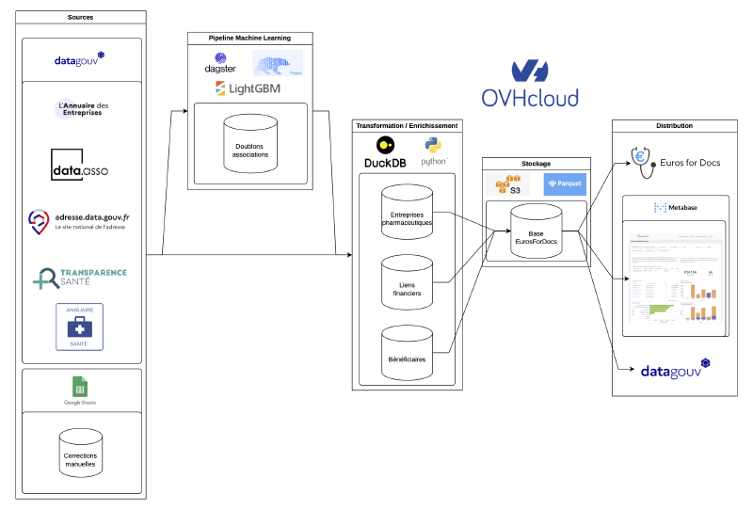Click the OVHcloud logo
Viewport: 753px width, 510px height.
(529, 84)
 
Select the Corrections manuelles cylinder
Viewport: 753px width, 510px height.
(80, 456)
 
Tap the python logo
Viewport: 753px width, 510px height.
(434, 151)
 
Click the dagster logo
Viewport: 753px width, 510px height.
(219, 65)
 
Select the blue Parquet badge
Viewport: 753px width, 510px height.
(565, 183)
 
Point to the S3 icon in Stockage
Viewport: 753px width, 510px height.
(509, 184)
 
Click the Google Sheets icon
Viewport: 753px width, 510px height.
(80, 387)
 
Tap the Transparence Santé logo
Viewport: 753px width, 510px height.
(79, 276)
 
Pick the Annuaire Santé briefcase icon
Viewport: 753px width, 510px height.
(80, 327)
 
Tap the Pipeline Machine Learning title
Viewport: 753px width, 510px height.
(249, 38)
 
